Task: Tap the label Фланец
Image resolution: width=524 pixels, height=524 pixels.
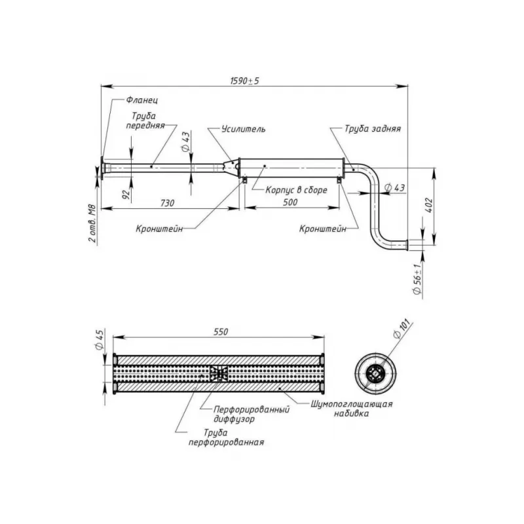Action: click(139, 100)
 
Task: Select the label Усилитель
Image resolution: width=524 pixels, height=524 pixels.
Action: click(244, 130)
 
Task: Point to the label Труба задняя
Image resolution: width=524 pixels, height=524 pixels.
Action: click(373, 130)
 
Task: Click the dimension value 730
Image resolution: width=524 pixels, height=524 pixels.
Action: click(167, 203)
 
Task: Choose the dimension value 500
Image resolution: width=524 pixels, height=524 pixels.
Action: click(291, 203)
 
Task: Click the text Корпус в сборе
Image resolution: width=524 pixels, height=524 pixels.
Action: click(296, 191)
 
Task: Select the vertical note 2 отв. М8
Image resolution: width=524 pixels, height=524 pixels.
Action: click(92, 223)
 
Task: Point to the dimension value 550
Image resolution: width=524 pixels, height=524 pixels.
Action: click(220, 333)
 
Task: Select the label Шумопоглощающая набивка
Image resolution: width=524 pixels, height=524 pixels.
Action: click(351, 409)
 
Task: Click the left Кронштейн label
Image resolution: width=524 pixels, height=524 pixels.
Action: click(159, 230)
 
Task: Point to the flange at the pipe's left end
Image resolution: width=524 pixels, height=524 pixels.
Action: click(102, 168)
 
